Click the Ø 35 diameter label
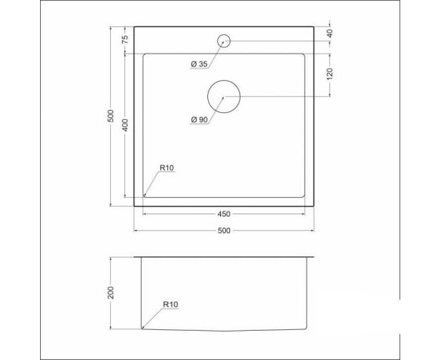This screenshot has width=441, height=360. pos(199,64)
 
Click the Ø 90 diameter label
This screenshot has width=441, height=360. pos(199,120)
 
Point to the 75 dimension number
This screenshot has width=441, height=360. pos(125,39)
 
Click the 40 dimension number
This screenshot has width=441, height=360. pos(330,33)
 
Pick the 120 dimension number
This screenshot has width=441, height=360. pos(330,74)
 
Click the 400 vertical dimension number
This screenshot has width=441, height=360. pos(125,125)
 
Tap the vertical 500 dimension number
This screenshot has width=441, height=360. pos(111,116)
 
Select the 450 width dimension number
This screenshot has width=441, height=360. pos(224,214)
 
